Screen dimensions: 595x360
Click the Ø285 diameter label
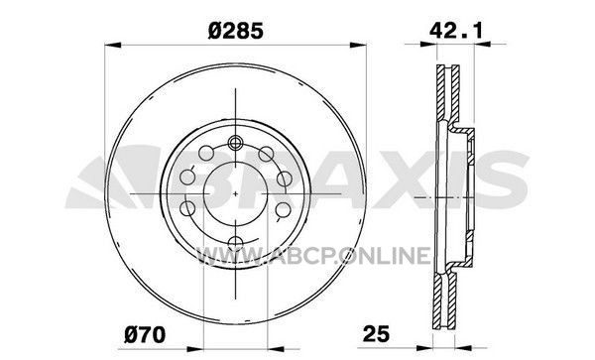coord(235,31)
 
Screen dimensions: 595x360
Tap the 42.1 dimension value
coord(456,30)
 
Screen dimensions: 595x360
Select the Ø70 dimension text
coord(145,335)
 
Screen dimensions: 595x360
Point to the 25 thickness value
coord(376,334)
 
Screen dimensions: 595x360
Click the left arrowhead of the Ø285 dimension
coord(113,45)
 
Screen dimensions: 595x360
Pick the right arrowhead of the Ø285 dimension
coord(358,45)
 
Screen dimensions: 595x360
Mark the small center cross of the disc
coord(235,193)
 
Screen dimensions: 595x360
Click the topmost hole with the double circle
coord(235,143)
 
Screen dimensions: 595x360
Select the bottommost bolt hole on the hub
coord(236,242)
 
